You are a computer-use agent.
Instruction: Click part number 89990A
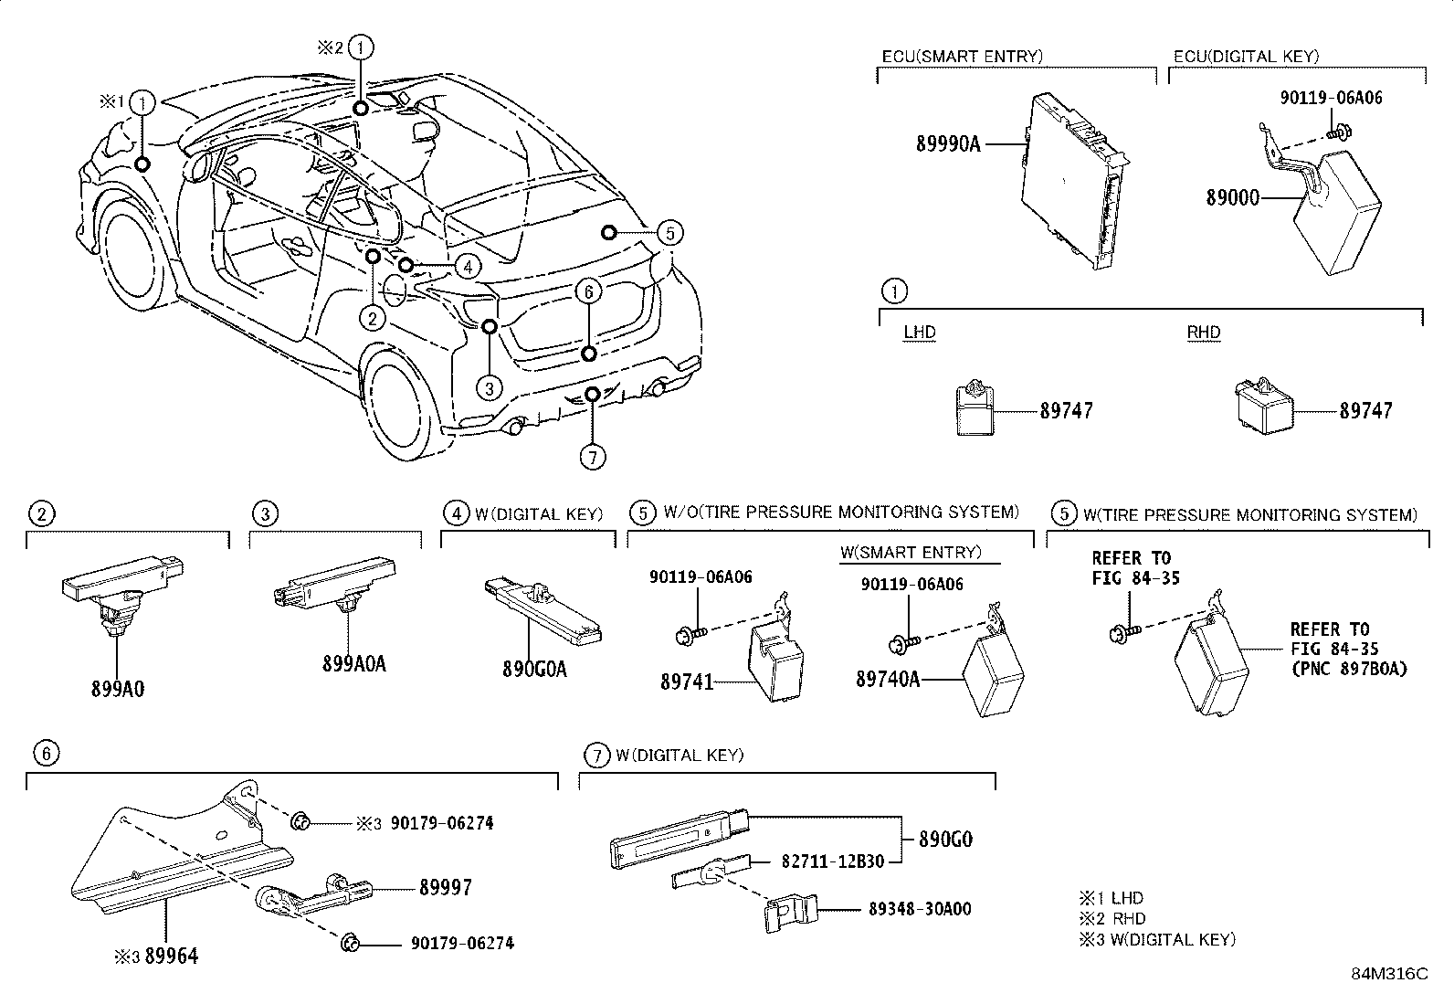tap(947, 143)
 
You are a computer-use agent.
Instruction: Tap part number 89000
tap(1232, 197)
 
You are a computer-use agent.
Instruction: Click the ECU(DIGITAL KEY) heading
tap(1246, 57)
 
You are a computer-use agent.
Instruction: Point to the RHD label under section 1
tap(1203, 333)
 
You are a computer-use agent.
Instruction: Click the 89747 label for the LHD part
tap(1066, 411)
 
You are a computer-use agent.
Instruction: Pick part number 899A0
tap(117, 689)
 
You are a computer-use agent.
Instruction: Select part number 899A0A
tap(353, 664)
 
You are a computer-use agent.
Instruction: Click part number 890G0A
tap(534, 670)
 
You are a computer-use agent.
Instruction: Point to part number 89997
tap(446, 887)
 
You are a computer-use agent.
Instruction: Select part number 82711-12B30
tap(832, 861)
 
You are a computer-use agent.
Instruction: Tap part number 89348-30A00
tap(920, 909)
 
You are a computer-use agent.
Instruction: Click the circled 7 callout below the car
tap(593, 456)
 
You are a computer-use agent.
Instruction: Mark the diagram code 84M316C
tap(1388, 974)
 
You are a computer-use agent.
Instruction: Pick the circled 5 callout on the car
tap(669, 233)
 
